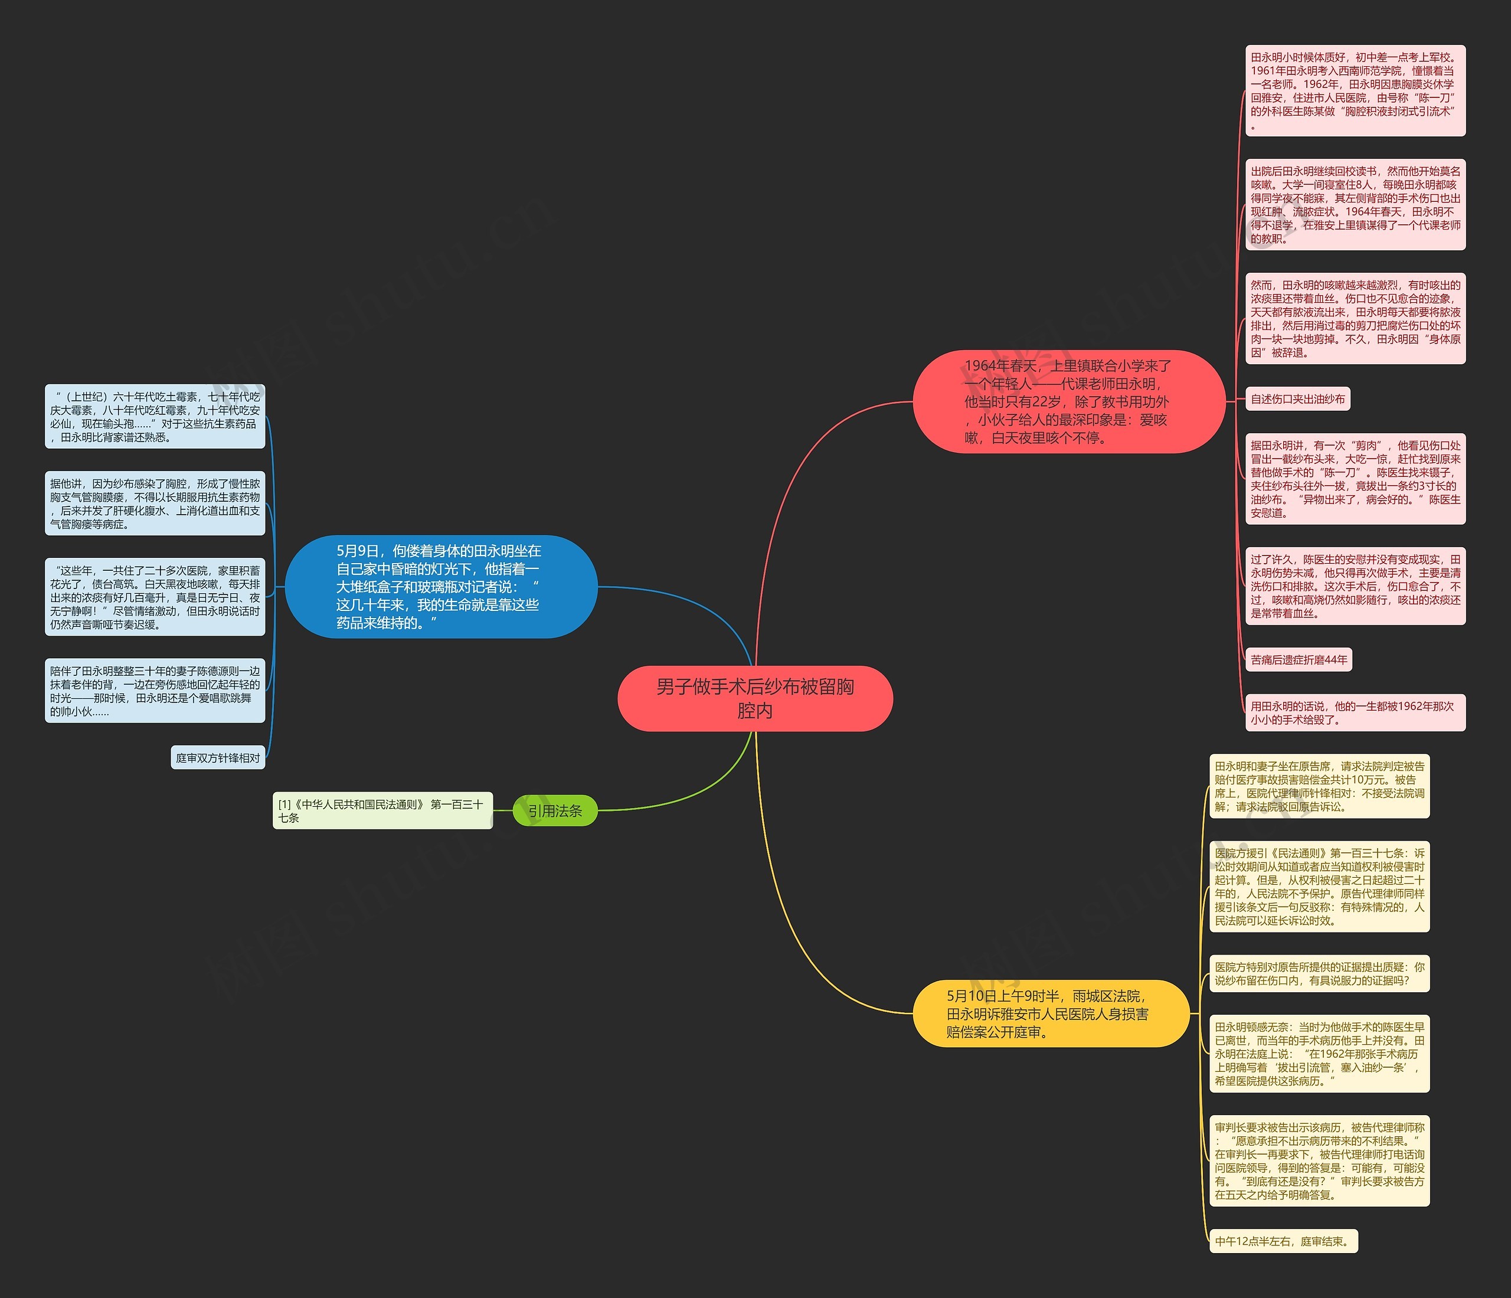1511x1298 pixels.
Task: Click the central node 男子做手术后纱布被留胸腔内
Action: (755, 698)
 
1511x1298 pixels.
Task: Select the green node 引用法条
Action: (555, 810)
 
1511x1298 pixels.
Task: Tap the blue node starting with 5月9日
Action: (440, 586)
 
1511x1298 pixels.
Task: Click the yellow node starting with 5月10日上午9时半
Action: (1050, 1013)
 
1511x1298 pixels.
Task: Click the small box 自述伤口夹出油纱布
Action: (1297, 399)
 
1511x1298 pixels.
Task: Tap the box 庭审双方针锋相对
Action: (218, 758)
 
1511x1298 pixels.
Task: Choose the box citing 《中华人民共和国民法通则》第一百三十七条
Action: (382, 810)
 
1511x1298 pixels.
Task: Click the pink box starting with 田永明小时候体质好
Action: (1355, 90)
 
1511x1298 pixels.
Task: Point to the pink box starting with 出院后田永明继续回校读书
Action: (1355, 204)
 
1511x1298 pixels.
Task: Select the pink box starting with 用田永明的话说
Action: (1355, 712)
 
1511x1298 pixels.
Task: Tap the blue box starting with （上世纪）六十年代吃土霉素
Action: (155, 416)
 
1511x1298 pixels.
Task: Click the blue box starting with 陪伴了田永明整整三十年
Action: (155, 691)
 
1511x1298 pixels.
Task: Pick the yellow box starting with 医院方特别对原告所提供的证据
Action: (1319, 973)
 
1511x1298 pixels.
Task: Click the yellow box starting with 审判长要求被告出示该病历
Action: (1319, 1160)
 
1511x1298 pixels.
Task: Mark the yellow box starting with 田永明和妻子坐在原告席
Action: (1319, 786)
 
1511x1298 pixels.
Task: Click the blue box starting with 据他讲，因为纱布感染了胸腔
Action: (155, 503)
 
